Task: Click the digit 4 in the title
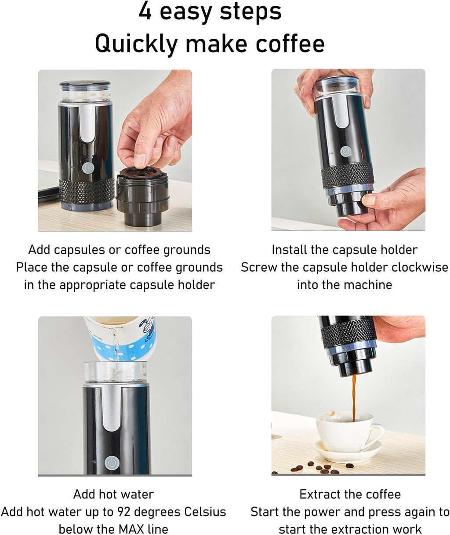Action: pos(145,11)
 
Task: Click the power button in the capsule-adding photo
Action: pos(88,168)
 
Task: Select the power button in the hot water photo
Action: pos(112,463)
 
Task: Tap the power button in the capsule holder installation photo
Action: pos(345,151)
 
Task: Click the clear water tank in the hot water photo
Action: pos(116,372)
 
